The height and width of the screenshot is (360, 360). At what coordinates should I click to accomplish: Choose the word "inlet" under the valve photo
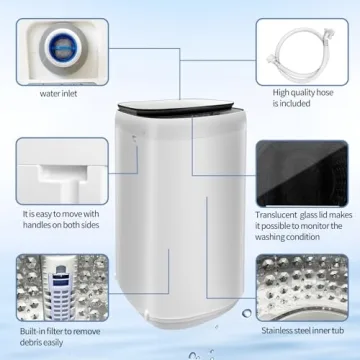coord(73,96)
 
